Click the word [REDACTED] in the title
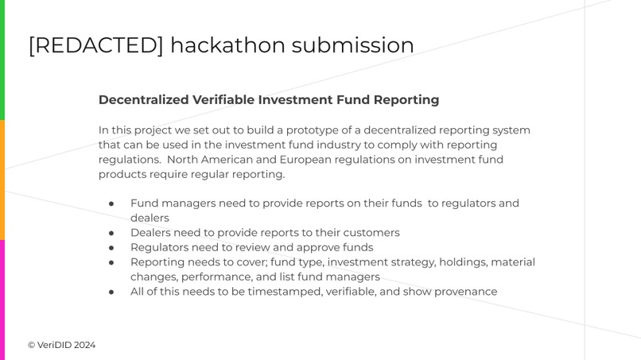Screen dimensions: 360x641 tap(95, 45)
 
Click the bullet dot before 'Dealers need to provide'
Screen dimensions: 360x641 tap(111, 233)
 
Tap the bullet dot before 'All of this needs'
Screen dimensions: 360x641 tap(111, 292)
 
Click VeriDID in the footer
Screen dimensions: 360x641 tap(54, 345)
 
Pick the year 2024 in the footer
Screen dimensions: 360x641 tap(85, 345)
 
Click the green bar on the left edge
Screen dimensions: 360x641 tap(2, 60)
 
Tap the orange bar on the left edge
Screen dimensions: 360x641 tap(2, 180)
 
